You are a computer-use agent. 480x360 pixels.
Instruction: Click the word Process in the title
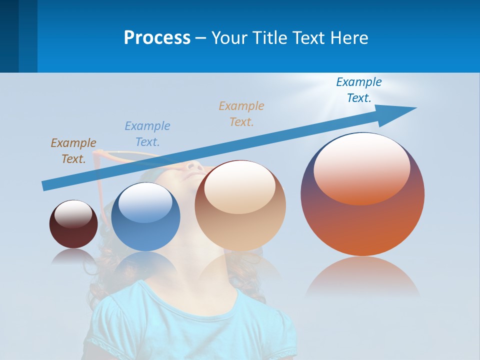pos(157,38)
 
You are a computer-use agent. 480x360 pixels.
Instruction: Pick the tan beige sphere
pos(240,220)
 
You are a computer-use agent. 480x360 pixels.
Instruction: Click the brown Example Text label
pos(73,151)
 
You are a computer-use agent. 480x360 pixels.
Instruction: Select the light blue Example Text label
pos(147,134)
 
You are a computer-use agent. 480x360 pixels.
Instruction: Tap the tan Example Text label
pos(241,114)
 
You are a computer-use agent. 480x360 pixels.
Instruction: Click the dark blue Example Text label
pos(359,90)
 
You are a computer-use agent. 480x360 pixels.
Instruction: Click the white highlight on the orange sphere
pos(362,168)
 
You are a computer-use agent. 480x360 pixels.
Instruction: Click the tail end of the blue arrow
pos(45,185)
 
